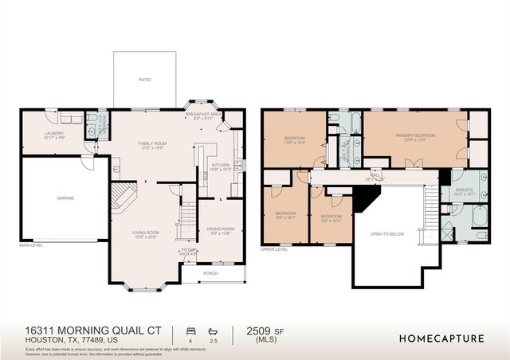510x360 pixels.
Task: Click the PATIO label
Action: coord(145,80)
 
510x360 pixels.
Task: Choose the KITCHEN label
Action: coord(220,166)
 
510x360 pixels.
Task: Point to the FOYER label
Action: coord(188,251)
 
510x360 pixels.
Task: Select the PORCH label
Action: coord(210,273)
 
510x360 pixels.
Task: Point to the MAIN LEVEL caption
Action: coord(32,245)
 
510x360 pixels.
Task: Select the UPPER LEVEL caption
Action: coord(274,249)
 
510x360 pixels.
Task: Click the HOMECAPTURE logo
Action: coord(441,338)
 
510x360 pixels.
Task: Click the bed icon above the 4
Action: coord(190,330)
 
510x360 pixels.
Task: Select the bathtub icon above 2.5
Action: coord(212,330)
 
